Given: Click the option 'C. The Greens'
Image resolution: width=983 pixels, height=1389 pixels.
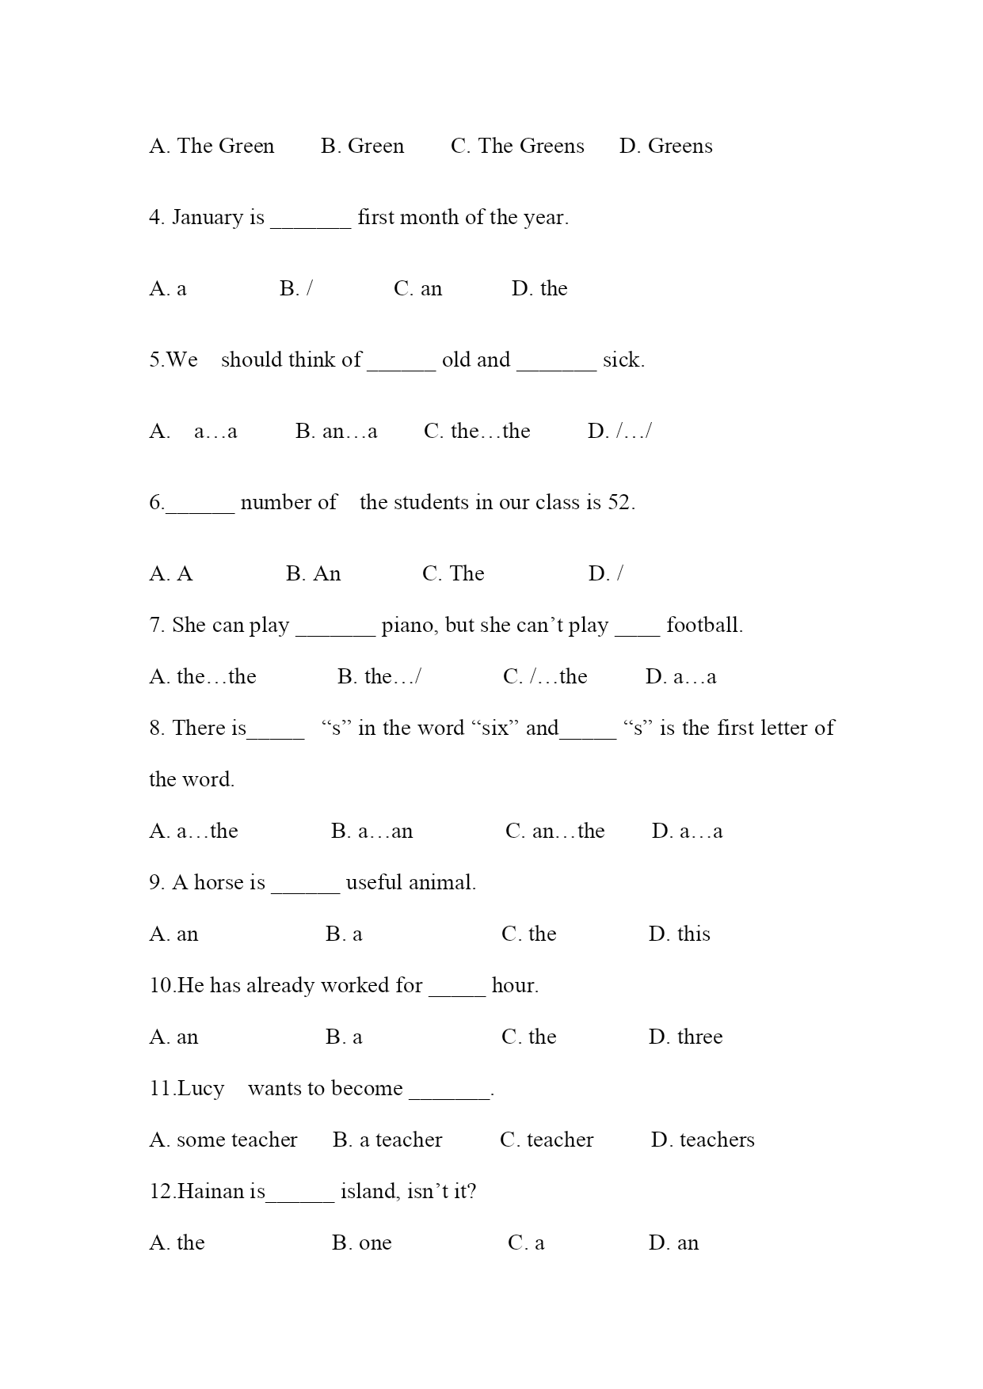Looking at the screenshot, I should point(517,147).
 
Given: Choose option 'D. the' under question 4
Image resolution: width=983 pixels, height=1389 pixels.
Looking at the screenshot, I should point(539,289).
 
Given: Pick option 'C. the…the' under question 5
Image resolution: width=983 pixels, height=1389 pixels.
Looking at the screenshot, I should point(477,432).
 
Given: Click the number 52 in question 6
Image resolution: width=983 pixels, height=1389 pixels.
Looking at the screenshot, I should point(619,503).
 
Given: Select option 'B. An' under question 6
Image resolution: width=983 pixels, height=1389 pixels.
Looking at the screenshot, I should point(314,574).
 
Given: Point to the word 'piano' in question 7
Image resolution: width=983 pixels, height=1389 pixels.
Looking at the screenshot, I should point(410,626).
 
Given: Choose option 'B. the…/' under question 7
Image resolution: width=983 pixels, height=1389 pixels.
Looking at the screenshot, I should point(379,677).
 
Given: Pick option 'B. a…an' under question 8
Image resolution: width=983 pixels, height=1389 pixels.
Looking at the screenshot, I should point(372,831).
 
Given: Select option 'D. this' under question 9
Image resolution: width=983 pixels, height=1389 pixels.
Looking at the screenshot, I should point(680,934).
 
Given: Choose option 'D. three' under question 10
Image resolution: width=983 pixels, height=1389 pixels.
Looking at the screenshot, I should point(686,1037).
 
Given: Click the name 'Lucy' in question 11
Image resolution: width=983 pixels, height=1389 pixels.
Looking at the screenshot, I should point(200,1089).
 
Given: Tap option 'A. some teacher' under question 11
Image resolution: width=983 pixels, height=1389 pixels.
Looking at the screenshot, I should point(223,1140).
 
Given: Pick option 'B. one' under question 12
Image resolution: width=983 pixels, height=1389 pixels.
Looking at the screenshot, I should point(362,1243).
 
